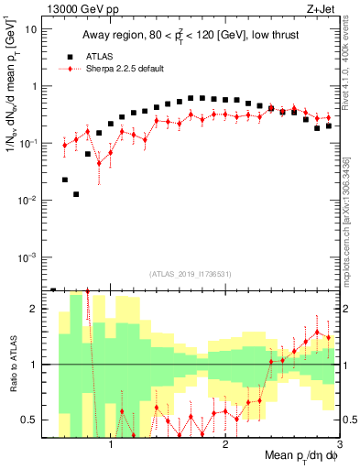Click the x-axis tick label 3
click(x=338, y=446)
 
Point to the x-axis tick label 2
click(x=224, y=446)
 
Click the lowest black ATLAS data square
click(x=77, y=194)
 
